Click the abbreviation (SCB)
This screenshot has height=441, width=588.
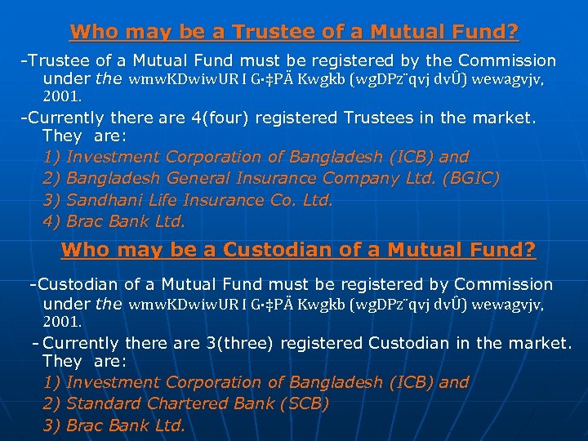point(304,403)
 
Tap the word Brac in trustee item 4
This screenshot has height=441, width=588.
point(84,221)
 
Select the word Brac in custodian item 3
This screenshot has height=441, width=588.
point(84,425)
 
